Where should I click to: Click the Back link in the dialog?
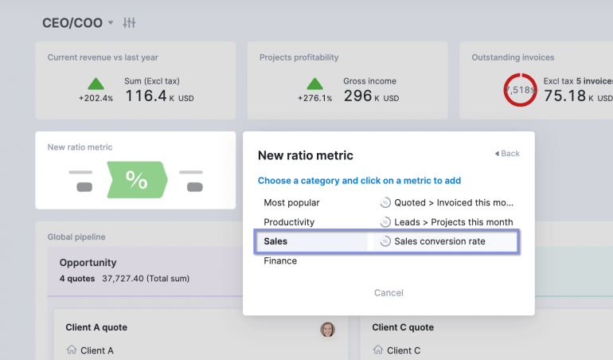tap(507, 154)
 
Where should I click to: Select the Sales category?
tap(275, 241)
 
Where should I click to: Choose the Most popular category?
tap(291, 202)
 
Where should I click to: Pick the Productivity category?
tap(289, 222)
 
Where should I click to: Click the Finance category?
tap(280, 260)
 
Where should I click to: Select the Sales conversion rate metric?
tap(439, 241)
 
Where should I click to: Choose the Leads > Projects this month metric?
tap(453, 222)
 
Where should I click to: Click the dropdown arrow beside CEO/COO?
tap(111, 23)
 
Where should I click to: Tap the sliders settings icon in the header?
tap(130, 23)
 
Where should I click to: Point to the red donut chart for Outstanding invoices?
tap(519, 89)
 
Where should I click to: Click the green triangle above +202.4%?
tap(96, 83)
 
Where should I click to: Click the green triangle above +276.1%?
tap(315, 83)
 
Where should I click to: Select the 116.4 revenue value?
tap(146, 96)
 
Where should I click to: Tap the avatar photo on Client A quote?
tap(327, 329)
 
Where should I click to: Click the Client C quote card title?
tap(404, 327)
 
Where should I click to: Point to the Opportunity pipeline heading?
tap(88, 262)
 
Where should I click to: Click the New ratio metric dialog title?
tap(305, 155)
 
